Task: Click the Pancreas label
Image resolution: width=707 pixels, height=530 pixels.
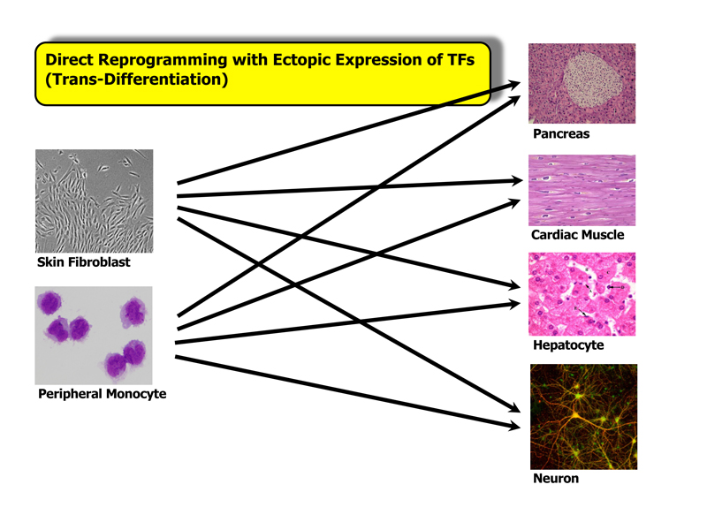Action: [x=561, y=134]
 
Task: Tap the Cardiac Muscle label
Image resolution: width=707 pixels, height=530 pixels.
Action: [x=578, y=235]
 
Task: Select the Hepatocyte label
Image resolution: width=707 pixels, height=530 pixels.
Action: [x=568, y=345]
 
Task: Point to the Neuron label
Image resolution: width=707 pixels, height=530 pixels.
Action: [x=556, y=478]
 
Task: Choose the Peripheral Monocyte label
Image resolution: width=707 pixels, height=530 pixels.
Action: [x=102, y=394]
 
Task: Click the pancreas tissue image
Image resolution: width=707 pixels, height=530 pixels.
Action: [x=582, y=83]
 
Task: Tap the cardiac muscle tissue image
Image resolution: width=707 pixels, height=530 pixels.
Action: [x=582, y=190]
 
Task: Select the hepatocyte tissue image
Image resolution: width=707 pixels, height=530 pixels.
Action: [x=582, y=294]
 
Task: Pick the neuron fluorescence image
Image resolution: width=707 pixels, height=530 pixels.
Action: [x=583, y=417]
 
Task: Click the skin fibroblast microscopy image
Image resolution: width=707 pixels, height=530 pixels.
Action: [x=95, y=201]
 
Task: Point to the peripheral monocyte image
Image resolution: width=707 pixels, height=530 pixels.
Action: [x=94, y=336]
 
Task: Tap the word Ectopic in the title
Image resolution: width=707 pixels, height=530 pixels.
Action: [x=300, y=59]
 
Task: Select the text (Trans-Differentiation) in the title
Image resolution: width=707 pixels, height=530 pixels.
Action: [x=136, y=79]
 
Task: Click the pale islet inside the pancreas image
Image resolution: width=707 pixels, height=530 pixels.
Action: [x=592, y=80]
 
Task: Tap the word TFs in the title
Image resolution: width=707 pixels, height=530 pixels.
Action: [x=460, y=59]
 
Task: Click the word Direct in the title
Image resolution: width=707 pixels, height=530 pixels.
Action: [x=70, y=59]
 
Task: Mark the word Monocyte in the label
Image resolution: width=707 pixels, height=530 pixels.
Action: [x=136, y=394]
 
